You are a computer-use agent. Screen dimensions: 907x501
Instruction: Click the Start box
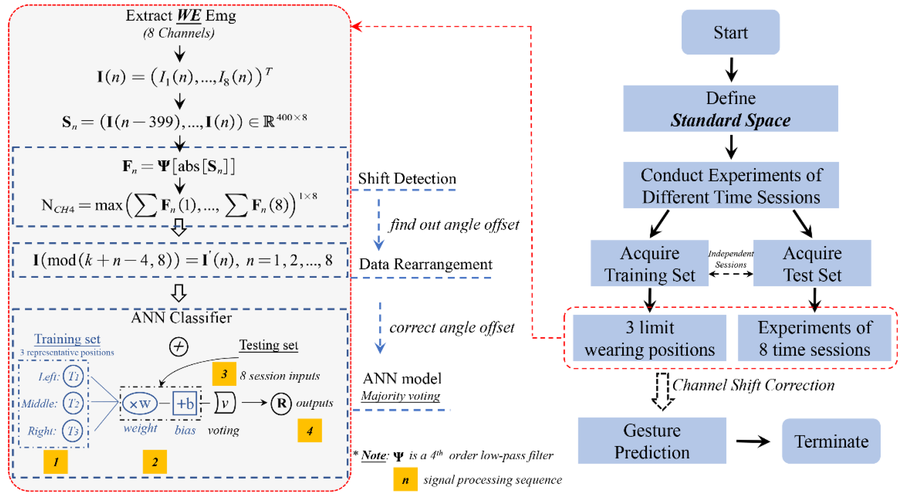(x=730, y=32)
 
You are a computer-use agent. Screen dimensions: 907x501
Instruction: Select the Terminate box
(x=831, y=441)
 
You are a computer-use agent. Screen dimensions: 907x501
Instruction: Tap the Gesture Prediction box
(x=652, y=441)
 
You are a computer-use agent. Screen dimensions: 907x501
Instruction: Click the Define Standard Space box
(x=731, y=108)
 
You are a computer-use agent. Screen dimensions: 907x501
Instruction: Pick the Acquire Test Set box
(x=812, y=263)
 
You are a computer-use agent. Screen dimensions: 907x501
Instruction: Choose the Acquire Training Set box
(x=649, y=263)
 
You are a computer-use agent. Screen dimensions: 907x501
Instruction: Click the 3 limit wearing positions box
(x=650, y=338)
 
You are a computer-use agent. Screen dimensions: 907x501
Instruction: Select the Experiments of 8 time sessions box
(x=815, y=338)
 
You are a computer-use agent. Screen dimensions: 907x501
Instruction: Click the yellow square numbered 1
(x=56, y=462)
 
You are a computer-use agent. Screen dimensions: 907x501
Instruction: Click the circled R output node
(x=281, y=403)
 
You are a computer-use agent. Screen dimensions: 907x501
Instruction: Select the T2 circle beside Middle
(x=73, y=403)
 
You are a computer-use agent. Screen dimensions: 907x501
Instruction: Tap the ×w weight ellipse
(x=140, y=403)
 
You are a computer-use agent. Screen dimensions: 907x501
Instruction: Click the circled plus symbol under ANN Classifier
(x=179, y=347)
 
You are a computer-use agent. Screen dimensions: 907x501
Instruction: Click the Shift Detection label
(x=407, y=179)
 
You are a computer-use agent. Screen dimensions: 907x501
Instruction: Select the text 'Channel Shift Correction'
(x=753, y=385)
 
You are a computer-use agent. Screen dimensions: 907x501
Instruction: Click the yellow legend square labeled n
(x=406, y=479)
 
